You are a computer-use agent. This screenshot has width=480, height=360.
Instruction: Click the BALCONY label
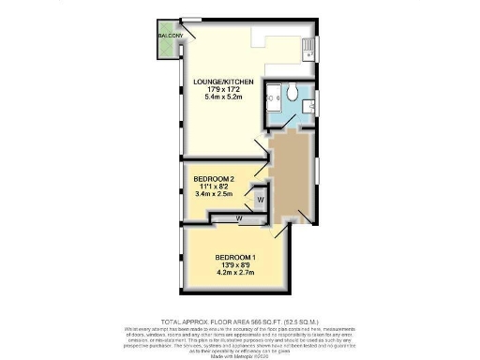pos(171,37)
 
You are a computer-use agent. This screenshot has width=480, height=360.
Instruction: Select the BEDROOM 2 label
pos(214,178)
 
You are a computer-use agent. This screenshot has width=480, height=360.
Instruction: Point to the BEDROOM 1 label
pos(235,258)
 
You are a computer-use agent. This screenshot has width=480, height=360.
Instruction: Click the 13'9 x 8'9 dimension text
pos(235,266)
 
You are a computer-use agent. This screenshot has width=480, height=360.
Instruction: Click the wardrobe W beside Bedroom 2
pos(260,199)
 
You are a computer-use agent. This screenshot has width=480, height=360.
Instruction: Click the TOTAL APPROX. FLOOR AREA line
pos(240,321)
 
